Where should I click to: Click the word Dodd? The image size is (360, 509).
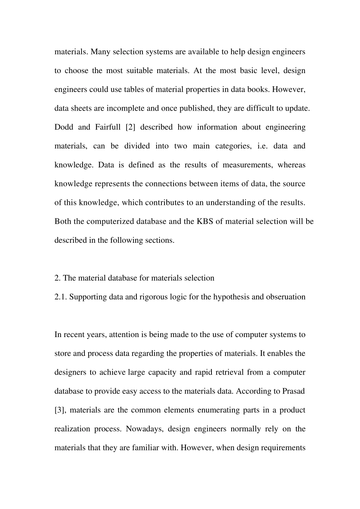pyautogui.click(x=63, y=127)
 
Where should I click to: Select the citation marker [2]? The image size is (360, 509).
pyautogui.click(x=128, y=127)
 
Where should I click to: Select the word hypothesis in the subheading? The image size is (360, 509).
pyautogui.click(x=231, y=297)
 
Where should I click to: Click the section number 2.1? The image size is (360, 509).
pyautogui.click(x=61, y=297)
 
